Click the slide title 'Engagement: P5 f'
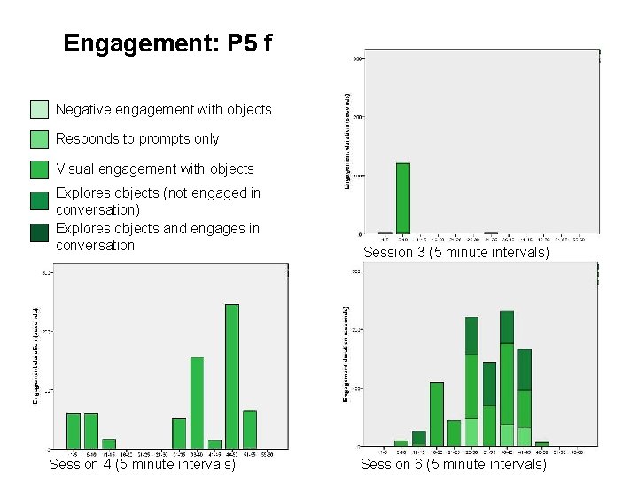pyautogui.click(x=174, y=43)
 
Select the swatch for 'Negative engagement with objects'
pyautogui.click(x=39, y=110)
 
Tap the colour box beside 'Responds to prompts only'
pyautogui.click(x=39, y=139)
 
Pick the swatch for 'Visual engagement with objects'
pyautogui.click(x=39, y=169)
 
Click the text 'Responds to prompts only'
pyautogui.click(x=137, y=139)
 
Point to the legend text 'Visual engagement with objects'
pyautogui.click(x=155, y=169)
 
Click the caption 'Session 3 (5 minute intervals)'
pyautogui.click(x=456, y=253)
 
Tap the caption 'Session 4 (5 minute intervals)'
pyautogui.click(x=142, y=464)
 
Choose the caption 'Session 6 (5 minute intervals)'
pyautogui.click(x=454, y=464)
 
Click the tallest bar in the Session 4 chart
pyautogui.click(x=232, y=376)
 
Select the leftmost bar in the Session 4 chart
pyautogui.click(x=74, y=430)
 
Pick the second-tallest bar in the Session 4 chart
pyautogui.click(x=197, y=402)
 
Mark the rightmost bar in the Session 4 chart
pyautogui.click(x=250, y=429)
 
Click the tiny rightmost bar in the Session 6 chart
pyautogui.click(x=542, y=444)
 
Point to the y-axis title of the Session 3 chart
pyautogui.click(x=347, y=140)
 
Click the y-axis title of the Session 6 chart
pyautogui.click(x=346, y=352)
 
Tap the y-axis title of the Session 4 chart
pyautogui.click(x=35, y=356)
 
